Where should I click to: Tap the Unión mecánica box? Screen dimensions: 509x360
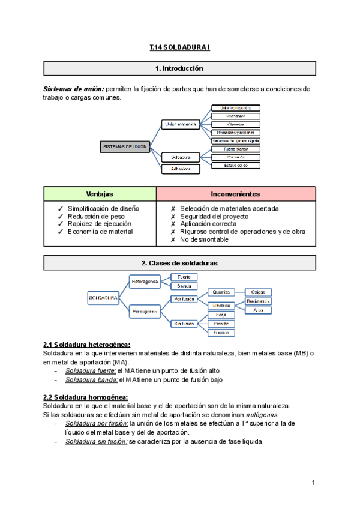181,124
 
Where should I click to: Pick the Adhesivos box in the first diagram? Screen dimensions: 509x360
181,169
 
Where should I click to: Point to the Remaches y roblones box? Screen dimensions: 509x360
236,132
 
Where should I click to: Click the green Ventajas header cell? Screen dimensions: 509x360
100,194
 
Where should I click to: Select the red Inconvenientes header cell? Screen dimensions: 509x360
235,194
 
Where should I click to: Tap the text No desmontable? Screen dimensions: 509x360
204,239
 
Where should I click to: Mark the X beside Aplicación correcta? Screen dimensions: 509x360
173,224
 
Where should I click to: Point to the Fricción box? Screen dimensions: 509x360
220,332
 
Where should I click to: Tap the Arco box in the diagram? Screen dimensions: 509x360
258,310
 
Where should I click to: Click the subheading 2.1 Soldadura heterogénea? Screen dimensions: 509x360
87,345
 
